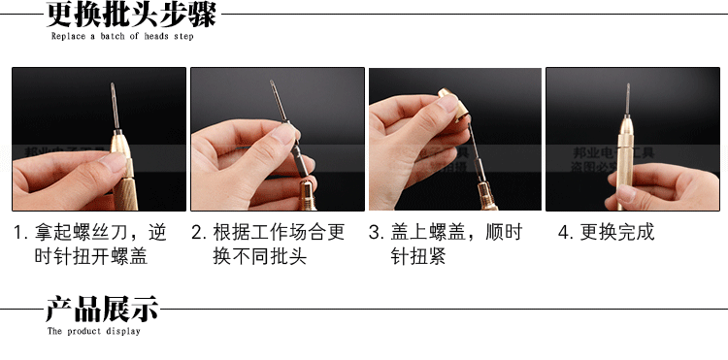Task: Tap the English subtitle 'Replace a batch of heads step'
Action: point(121,37)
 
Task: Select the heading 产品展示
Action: point(102,311)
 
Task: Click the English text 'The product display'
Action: point(94,332)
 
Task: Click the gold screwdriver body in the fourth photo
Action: point(626,165)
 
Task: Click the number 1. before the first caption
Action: point(20,233)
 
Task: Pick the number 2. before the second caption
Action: point(198,233)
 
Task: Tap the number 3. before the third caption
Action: point(376,233)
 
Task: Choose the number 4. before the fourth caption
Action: point(565,233)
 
